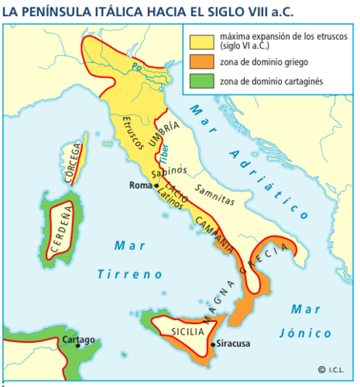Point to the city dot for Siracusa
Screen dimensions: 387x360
pos(212,343)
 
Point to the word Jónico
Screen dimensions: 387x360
pos(306,332)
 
